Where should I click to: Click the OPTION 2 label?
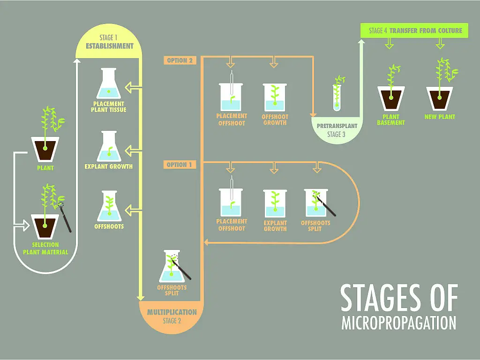tap(180, 60)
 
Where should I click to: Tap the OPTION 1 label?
tap(180, 165)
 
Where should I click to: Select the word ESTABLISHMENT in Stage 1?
tap(110, 46)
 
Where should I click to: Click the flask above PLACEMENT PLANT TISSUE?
tap(108, 84)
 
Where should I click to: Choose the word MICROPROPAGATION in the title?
tap(398, 323)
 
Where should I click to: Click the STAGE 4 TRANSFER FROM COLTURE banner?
tap(415, 31)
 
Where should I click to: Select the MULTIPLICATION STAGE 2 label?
tap(172, 316)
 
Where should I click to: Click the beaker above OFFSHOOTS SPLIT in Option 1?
tap(316, 203)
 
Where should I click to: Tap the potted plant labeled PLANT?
tap(45, 145)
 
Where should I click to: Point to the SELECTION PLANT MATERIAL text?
tap(45, 248)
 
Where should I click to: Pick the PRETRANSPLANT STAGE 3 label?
tap(337, 130)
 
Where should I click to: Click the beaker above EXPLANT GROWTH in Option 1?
tap(275, 203)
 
